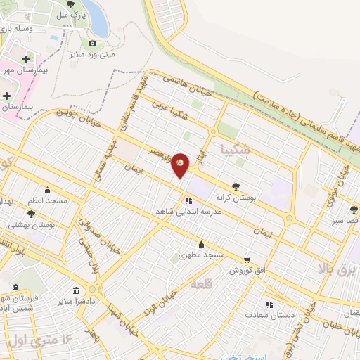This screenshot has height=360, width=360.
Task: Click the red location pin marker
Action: [181, 165]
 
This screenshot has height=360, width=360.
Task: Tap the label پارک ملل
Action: [72, 13]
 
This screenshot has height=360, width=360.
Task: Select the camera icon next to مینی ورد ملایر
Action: [92, 43]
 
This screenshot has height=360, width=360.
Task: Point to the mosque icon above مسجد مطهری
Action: [201, 244]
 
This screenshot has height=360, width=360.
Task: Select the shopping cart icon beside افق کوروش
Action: [246, 259]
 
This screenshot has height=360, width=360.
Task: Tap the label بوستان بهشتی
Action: [32, 225]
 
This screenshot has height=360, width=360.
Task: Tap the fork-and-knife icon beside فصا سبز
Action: [354, 209]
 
